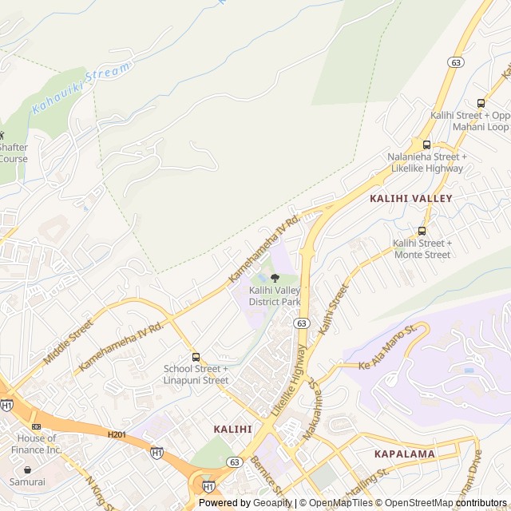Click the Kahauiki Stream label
81,88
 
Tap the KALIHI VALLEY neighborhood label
410,198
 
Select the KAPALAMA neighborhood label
404,454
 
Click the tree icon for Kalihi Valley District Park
275,278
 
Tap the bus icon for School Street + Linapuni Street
196,357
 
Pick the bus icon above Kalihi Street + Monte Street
422,232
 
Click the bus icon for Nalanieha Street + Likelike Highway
426,145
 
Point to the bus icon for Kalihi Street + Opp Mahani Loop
481,103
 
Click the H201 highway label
117,434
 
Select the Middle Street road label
68,342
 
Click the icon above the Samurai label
28,469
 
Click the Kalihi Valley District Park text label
274,296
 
